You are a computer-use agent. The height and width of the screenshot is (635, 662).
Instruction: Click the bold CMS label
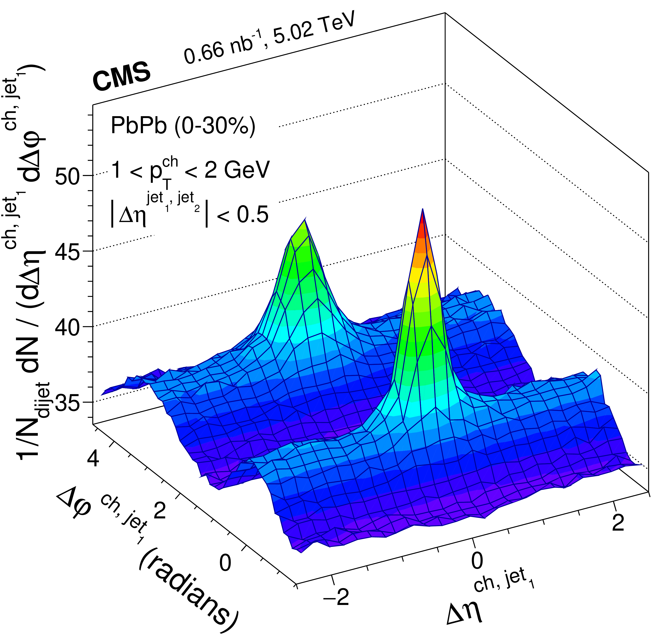[122, 77]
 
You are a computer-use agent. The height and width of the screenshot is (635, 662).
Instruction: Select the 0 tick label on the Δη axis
[477, 561]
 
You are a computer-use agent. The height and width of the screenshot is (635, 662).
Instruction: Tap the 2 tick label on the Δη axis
[618, 523]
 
